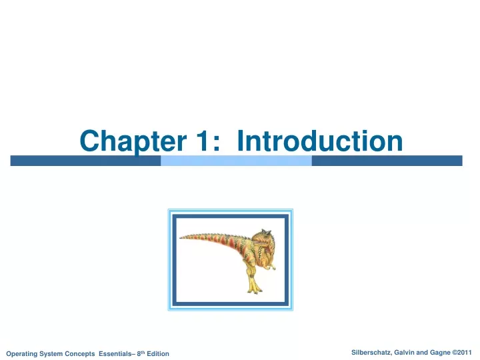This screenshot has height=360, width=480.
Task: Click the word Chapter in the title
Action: tap(133, 142)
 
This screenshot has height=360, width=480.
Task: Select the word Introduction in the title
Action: tap(319, 141)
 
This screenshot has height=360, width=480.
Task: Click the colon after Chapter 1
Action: tap(217, 143)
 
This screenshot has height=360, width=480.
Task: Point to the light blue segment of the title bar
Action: tap(236, 161)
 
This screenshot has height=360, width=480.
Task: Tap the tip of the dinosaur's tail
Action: tap(180, 237)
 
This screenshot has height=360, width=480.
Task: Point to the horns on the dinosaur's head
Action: tap(266, 232)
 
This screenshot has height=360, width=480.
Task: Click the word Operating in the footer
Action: tap(21, 354)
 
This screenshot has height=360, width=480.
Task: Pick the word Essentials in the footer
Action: tap(115, 353)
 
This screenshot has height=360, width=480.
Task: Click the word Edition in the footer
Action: tap(158, 353)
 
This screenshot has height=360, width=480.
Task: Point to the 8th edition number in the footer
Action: tap(141, 353)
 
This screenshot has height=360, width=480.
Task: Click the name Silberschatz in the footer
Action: tap(371, 353)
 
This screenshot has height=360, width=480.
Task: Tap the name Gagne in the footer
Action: tap(440, 353)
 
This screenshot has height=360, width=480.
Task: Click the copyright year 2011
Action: tap(465, 353)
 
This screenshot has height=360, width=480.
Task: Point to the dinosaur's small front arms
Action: tap(270, 267)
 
